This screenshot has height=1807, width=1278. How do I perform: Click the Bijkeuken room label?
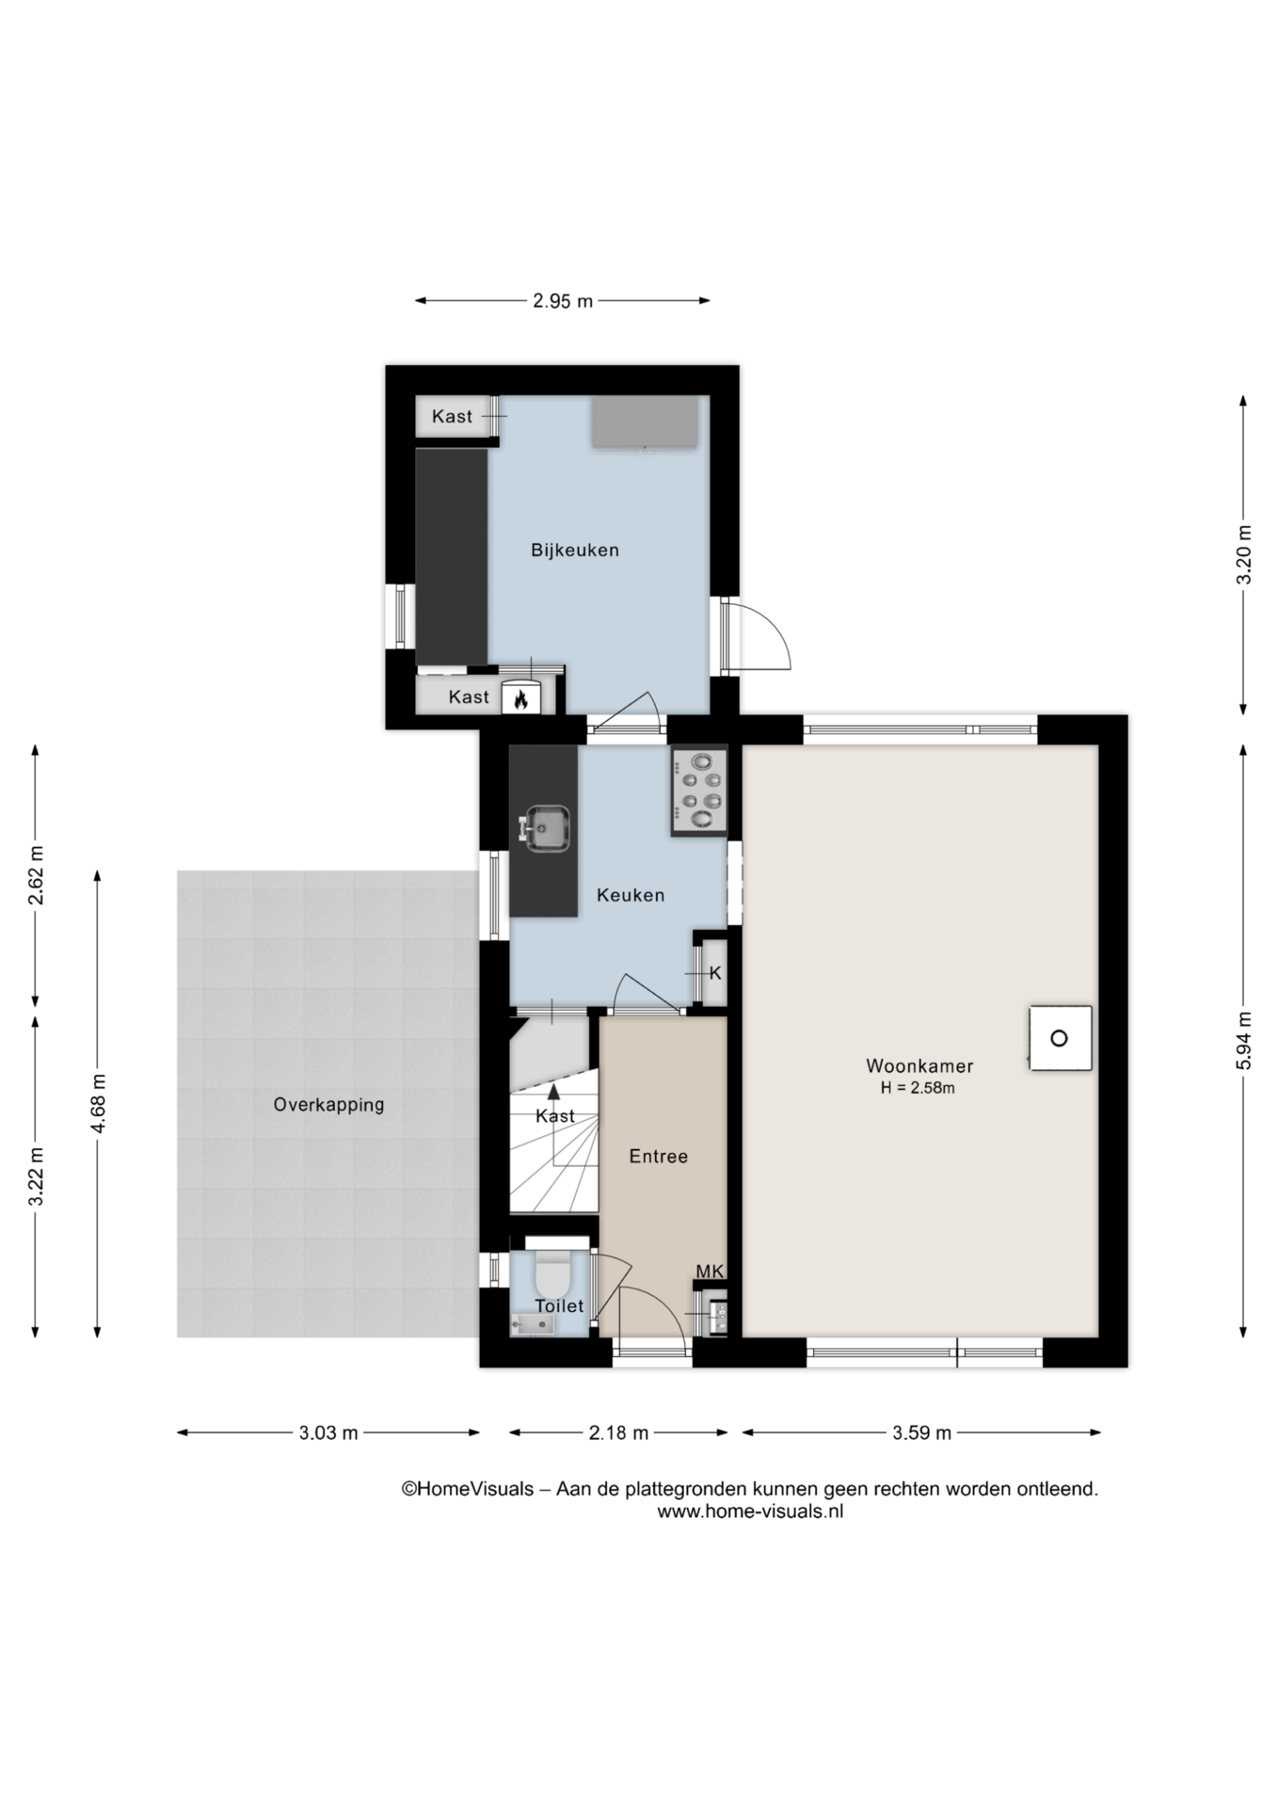[574, 550]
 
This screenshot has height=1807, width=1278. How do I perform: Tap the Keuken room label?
[631, 895]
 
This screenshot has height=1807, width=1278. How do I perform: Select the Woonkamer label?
[919, 1066]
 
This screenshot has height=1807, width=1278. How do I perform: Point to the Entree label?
[659, 1157]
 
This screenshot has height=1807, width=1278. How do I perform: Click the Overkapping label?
[329, 1105]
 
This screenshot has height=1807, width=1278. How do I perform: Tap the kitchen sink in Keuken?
[545, 828]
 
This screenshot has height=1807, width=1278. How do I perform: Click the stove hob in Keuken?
[699, 791]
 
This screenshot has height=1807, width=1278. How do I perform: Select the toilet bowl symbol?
[551, 1274]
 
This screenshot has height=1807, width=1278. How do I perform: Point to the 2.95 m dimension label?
[563, 301]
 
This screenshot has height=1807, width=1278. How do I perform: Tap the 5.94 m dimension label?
[1244, 1040]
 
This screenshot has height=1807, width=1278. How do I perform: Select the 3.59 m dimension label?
[921, 1433]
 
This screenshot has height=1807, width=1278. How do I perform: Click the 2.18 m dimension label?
[618, 1433]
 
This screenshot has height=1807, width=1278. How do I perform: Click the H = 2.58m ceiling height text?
[918, 1088]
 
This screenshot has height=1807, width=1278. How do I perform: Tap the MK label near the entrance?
[710, 1271]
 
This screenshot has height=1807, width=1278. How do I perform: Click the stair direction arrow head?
[553, 1092]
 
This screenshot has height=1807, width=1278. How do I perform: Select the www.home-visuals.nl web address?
[750, 1511]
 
